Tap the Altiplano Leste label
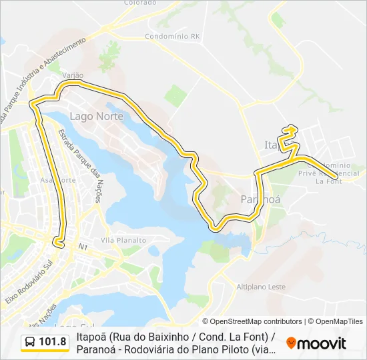click(x=261, y=287)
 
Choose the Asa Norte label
click(x=58, y=180)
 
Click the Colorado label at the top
click(x=139, y=3)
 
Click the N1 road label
click(x=83, y=247)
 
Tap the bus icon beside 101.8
click(x=30, y=343)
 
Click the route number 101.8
click(x=53, y=343)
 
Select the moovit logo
click(x=316, y=343)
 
